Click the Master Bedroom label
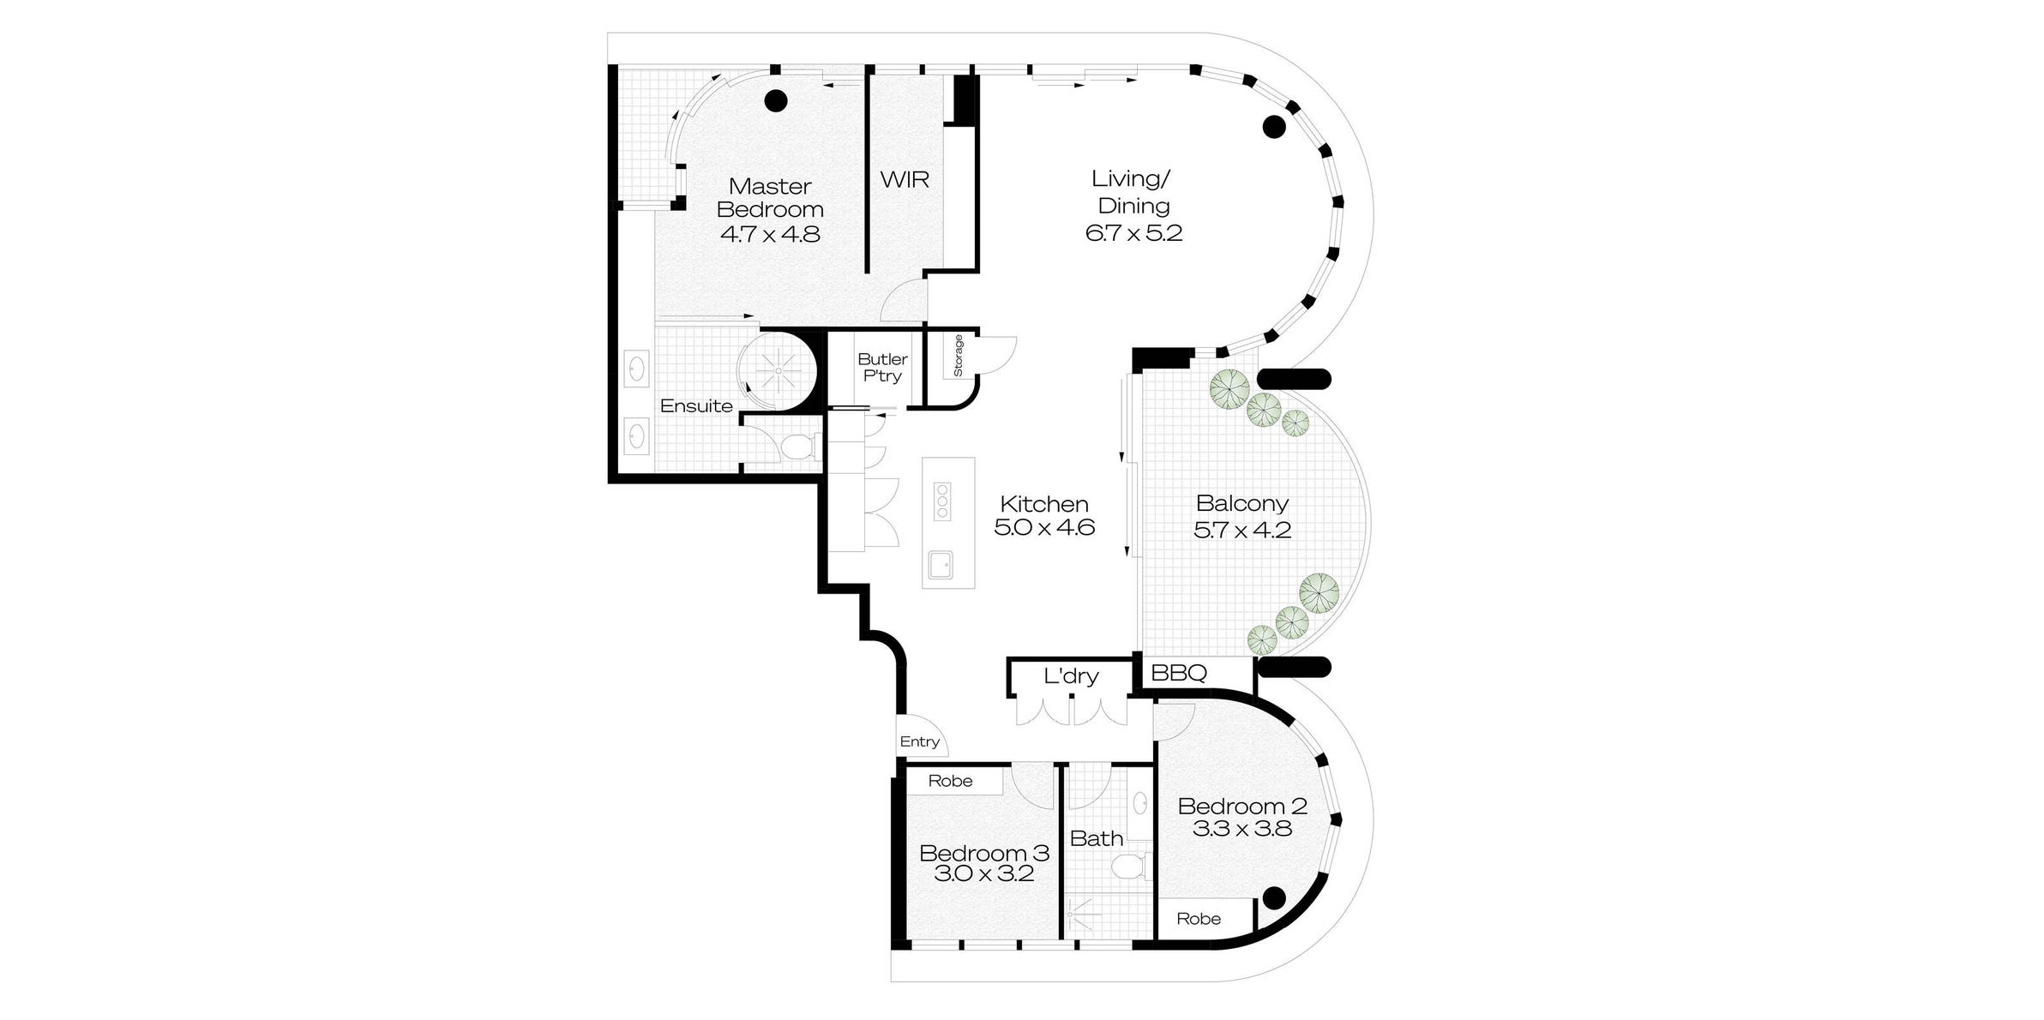pos(770,198)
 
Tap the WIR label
pos(905,180)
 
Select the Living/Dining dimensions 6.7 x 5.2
pos(1133,233)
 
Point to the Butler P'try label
pos(882,368)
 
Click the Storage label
pos(959,356)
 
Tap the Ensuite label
pos(696,406)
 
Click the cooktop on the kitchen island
pos(942,501)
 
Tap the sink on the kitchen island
pos(941,565)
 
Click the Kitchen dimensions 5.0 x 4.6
pos(1044,528)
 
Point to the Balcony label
pos(1241,503)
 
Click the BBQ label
pos(1179,674)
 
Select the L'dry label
pos(1071,676)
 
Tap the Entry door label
pos(919,742)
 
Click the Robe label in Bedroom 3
pos(950,781)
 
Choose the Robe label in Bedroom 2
pos(1199,919)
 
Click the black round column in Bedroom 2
pos(1274,897)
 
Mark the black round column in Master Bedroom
pos(776,101)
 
